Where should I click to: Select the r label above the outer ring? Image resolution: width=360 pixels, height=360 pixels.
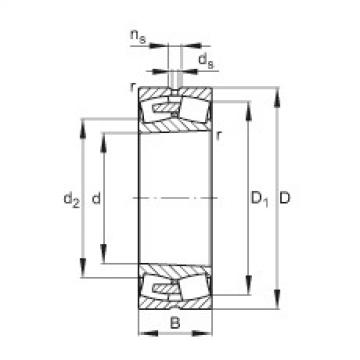coord(133,89)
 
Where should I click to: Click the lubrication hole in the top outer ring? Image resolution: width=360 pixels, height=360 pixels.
coord(175,94)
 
